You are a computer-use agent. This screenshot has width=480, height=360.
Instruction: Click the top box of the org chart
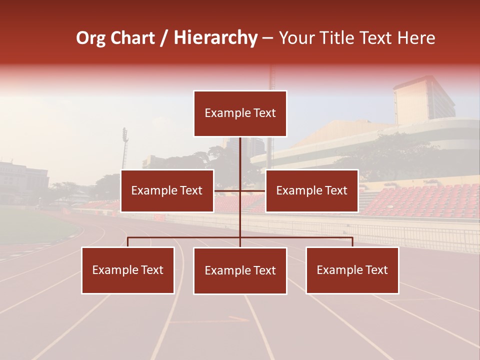click(x=240, y=113)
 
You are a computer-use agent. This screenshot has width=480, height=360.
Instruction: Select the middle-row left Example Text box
click(x=167, y=190)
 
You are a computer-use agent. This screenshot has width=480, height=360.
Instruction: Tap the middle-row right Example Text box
click(x=311, y=190)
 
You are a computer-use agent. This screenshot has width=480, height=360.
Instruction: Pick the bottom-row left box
click(x=128, y=270)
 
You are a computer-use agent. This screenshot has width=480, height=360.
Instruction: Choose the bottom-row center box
click(x=240, y=270)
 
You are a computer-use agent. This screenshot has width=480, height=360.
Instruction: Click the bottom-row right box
click(x=352, y=270)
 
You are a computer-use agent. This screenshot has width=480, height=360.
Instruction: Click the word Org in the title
click(x=90, y=38)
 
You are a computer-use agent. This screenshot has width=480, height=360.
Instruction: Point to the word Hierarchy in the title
click(x=215, y=38)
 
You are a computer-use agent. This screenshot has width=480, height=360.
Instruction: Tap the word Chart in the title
click(x=132, y=38)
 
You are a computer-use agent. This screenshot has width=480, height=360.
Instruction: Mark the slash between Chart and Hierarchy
click(x=164, y=38)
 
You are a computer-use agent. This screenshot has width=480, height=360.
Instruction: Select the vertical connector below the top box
click(x=240, y=160)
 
